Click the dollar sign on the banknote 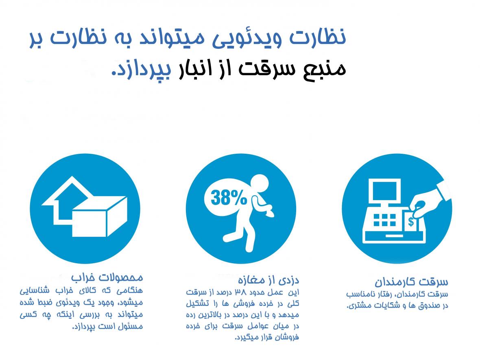[x=411, y=221]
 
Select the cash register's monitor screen [x=384, y=191]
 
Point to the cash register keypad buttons [x=384, y=220]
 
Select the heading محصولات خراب [x=107, y=278]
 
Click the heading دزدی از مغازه [x=268, y=279]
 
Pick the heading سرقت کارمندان [x=411, y=281]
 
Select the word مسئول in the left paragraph [x=131, y=327]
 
